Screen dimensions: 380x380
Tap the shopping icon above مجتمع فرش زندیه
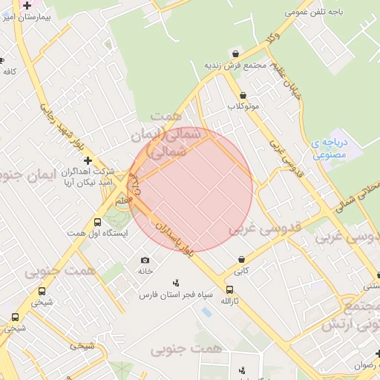(x=236, y=53)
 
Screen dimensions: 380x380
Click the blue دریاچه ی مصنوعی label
(x=327, y=148)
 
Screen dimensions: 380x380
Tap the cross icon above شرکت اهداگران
(x=88, y=160)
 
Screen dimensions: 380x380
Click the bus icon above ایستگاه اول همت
(x=97, y=222)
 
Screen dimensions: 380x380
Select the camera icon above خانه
(x=145, y=260)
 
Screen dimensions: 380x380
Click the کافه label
(x=10, y=71)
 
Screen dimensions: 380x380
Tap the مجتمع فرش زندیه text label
(x=235, y=65)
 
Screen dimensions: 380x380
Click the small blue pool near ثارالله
(x=206, y=312)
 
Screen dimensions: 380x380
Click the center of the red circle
(x=190, y=190)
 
